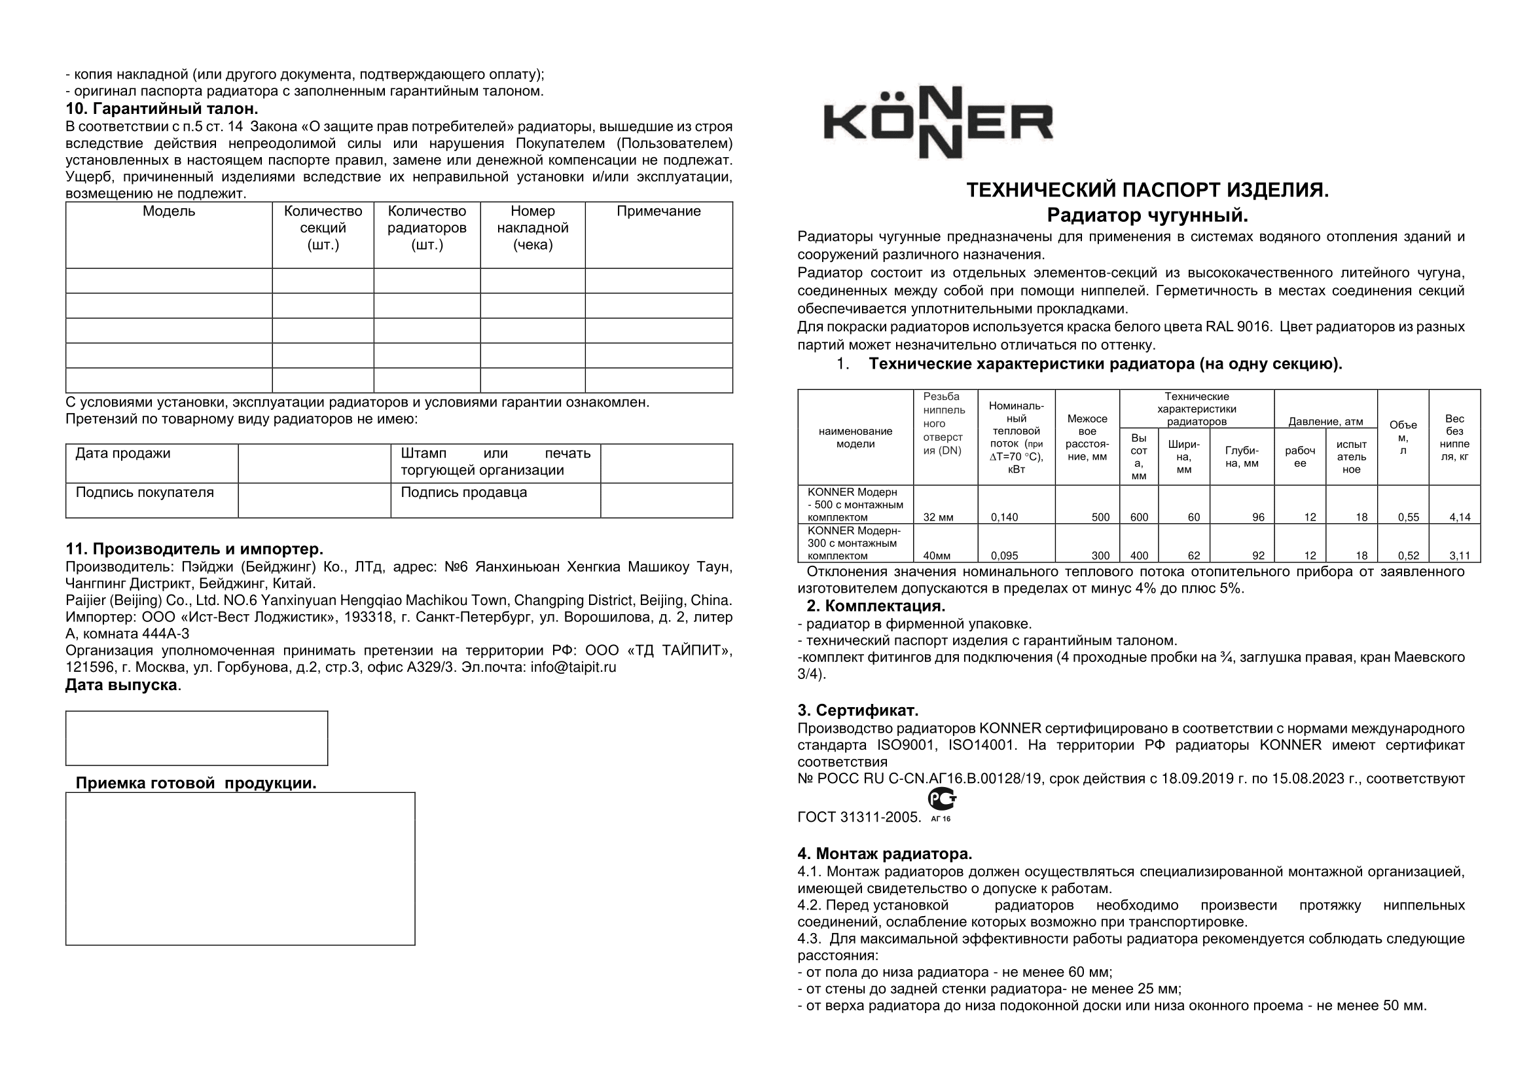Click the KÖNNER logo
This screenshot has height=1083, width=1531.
click(x=937, y=122)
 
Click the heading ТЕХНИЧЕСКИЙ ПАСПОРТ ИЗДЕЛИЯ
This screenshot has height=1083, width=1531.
click(x=1147, y=191)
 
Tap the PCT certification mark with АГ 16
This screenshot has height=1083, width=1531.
click(x=941, y=805)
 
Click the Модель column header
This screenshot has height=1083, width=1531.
click(x=169, y=212)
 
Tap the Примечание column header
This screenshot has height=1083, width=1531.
click(x=658, y=212)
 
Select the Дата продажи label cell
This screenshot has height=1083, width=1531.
click(x=122, y=454)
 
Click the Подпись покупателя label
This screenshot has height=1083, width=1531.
click(x=145, y=493)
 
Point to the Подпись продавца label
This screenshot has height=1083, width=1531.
click(x=463, y=493)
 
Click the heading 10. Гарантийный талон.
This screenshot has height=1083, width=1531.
click(x=162, y=109)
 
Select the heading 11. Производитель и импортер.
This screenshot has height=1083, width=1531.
click(x=194, y=549)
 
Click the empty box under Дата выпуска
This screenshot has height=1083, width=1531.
click(x=197, y=738)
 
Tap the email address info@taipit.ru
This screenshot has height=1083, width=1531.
click(x=573, y=667)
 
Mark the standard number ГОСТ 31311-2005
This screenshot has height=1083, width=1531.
click(x=859, y=818)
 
